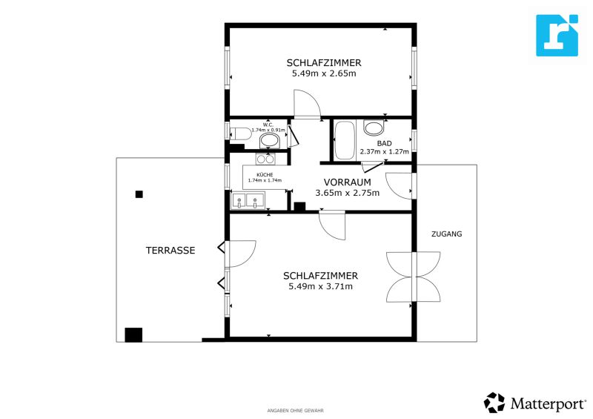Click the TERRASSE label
tap(170, 250)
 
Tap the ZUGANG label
tap(447, 234)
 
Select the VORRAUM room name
tap(347, 182)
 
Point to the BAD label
tap(384, 143)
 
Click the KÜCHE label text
tap(265, 175)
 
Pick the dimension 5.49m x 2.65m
tap(324, 73)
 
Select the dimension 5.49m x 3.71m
tap(321, 286)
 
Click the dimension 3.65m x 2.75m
tap(347, 193)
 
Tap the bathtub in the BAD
tap(344, 140)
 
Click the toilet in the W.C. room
tap(241, 133)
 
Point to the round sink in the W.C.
tap(269, 141)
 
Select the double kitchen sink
tap(248, 200)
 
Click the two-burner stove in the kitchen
tap(265, 159)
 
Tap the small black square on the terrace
tap(139, 194)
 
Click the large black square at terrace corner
tap(133, 335)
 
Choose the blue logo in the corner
tap(557, 35)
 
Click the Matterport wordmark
tap(548, 404)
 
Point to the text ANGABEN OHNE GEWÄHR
tap(295, 410)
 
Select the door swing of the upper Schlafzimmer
tap(307, 103)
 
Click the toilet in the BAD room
tap(374, 128)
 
